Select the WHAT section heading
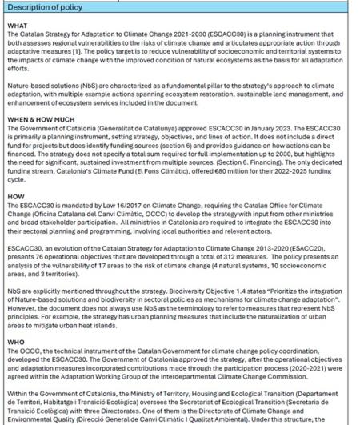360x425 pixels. [x=16, y=26]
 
